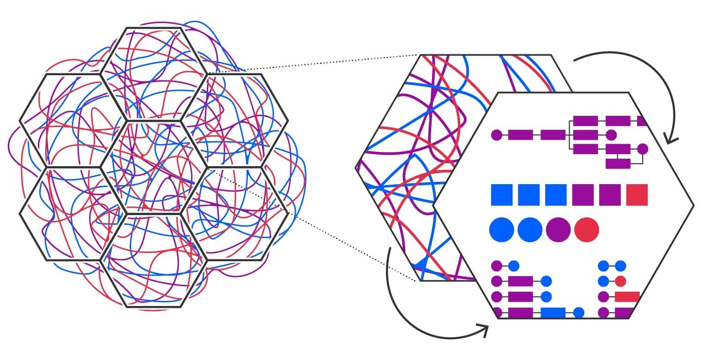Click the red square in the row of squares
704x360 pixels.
tap(637, 195)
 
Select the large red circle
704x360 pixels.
tap(587, 229)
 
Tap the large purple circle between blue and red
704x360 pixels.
tap(558, 229)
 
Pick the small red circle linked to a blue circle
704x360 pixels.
tap(620, 281)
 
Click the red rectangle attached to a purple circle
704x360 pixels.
tap(627, 297)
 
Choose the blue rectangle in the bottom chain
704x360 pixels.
tap(553, 312)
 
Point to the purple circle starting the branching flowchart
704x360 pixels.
tap(496, 135)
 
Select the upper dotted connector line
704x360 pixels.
tap(314, 63)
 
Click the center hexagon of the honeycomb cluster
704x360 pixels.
tap(153, 167)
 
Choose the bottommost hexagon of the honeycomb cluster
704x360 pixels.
tap(153, 260)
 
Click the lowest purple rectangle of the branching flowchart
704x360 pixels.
tap(618, 163)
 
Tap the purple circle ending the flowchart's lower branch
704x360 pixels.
tap(642, 149)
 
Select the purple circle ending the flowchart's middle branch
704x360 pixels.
tap(611, 135)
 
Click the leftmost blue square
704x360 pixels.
tap(502, 195)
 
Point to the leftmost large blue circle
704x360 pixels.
tap(501, 229)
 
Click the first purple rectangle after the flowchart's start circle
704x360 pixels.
tap(520, 135)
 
